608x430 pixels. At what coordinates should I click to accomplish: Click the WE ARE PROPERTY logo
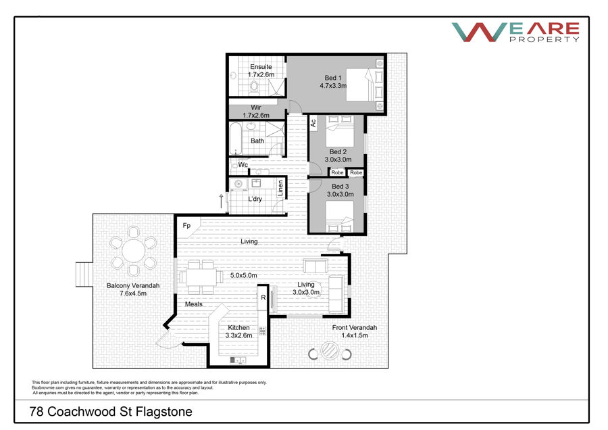(x=515, y=32)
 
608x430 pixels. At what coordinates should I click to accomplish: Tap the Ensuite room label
(x=261, y=67)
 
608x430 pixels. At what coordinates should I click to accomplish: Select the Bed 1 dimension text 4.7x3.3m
(x=333, y=86)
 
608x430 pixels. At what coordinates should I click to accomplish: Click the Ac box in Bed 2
(x=313, y=123)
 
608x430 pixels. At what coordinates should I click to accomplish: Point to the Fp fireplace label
(x=186, y=225)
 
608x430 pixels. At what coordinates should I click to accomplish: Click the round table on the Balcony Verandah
(x=133, y=251)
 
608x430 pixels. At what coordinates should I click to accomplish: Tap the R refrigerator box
(x=263, y=297)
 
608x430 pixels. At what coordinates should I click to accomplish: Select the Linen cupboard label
(x=280, y=188)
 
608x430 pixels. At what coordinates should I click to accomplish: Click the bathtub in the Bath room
(x=235, y=139)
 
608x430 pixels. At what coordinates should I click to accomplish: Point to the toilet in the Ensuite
(x=255, y=86)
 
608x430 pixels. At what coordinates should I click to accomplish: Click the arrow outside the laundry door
(x=221, y=201)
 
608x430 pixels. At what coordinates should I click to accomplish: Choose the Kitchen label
(x=238, y=327)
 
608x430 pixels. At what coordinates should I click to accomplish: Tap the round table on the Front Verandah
(x=330, y=350)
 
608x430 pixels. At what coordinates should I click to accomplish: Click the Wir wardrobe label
(x=256, y=107)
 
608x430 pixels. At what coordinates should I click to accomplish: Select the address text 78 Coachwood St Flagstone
(x=111, y=411)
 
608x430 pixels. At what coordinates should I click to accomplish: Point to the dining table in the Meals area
(x=201, y=277)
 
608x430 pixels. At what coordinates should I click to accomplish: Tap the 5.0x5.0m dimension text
(x=243, y=276)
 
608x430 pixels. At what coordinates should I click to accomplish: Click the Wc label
(x=243, y=165)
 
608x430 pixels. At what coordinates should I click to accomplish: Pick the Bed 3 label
(x=340, y=187)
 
